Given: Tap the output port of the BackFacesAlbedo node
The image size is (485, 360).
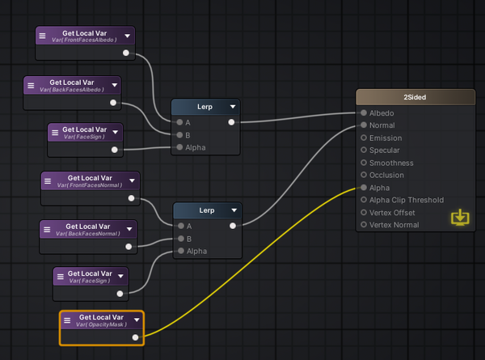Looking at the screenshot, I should (x=112, y=104).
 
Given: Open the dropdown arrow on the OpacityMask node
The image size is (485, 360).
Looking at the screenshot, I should (x=137, y=320).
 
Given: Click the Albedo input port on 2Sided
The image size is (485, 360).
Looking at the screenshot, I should (x=364, y=113).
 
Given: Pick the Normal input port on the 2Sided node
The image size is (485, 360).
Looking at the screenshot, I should (x=364, y=125).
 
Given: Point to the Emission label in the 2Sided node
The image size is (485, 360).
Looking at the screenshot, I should (x=386, y=138).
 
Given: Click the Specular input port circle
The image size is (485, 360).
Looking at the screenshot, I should (x=364, y=150).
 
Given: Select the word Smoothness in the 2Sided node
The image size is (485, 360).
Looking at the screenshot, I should (x=391, y=163).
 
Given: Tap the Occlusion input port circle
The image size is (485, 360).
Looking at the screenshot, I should (x=364, y=175).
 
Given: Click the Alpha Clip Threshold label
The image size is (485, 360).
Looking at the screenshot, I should (x=406, y=200).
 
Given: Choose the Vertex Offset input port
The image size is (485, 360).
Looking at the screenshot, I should (x=364, y=212).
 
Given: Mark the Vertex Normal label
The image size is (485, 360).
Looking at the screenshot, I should (x=394, y=224).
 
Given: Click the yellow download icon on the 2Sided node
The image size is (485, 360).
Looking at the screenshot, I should (x=459, y=217).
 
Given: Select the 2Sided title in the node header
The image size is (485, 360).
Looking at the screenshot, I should (x=415, y=97).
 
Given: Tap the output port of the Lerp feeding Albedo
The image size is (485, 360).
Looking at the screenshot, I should (x=232, y=122).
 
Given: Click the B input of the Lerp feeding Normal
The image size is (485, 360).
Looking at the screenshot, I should (x=179, y=239).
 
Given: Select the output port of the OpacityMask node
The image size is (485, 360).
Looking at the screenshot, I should (x=135, y=337).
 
